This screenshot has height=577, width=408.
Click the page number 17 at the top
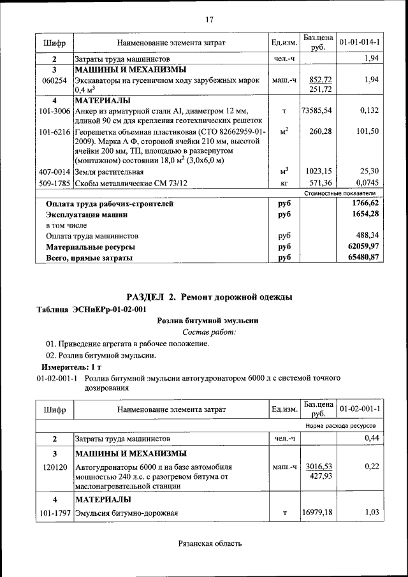[x=208, y=20]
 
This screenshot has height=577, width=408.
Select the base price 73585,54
[x=317, y=110]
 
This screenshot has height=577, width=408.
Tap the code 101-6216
[x=54, y=131]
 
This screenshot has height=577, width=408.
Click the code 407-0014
[x=54, y=172]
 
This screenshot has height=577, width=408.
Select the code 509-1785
[x=54, y=184]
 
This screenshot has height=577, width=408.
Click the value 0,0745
[x=366, y=184]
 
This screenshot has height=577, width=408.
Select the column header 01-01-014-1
[x=360, y=43]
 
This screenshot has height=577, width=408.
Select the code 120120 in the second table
[x=54, y=467]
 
